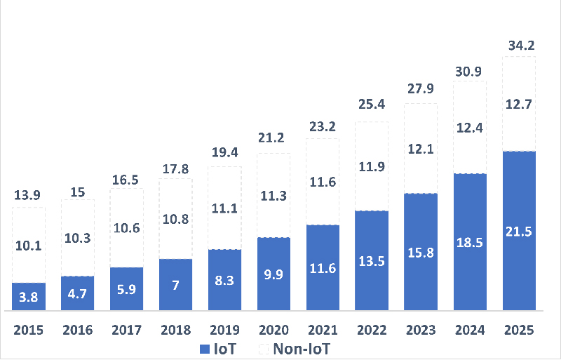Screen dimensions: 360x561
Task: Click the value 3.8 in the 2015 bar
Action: pos(29,298)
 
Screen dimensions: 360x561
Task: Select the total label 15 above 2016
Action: pos(78,192)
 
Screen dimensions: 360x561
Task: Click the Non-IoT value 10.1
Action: pos(29,246)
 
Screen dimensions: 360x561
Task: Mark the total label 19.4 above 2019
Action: pos(225,152)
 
